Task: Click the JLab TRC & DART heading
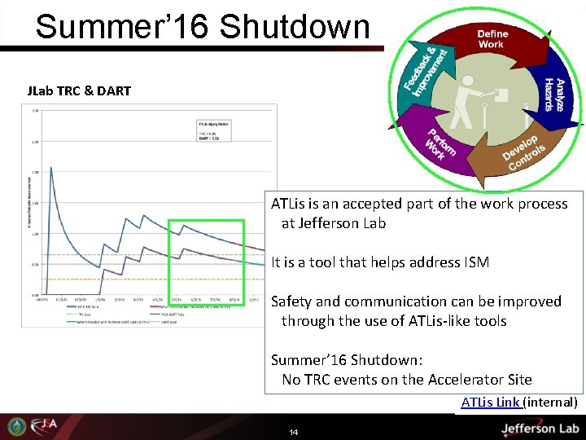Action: [79, 90]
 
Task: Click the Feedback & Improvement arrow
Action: [424, 70]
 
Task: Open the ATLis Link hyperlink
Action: [490, 403]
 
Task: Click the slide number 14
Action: [293, 432]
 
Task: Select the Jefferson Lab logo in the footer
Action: [540, 428]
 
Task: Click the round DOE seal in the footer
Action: [16, 426]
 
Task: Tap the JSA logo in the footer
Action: [42, 426]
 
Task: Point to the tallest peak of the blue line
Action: [51, 168]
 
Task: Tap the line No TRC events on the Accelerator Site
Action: [406, 380]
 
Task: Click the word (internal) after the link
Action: [550, 403]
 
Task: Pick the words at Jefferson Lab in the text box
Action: [334, 223]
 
